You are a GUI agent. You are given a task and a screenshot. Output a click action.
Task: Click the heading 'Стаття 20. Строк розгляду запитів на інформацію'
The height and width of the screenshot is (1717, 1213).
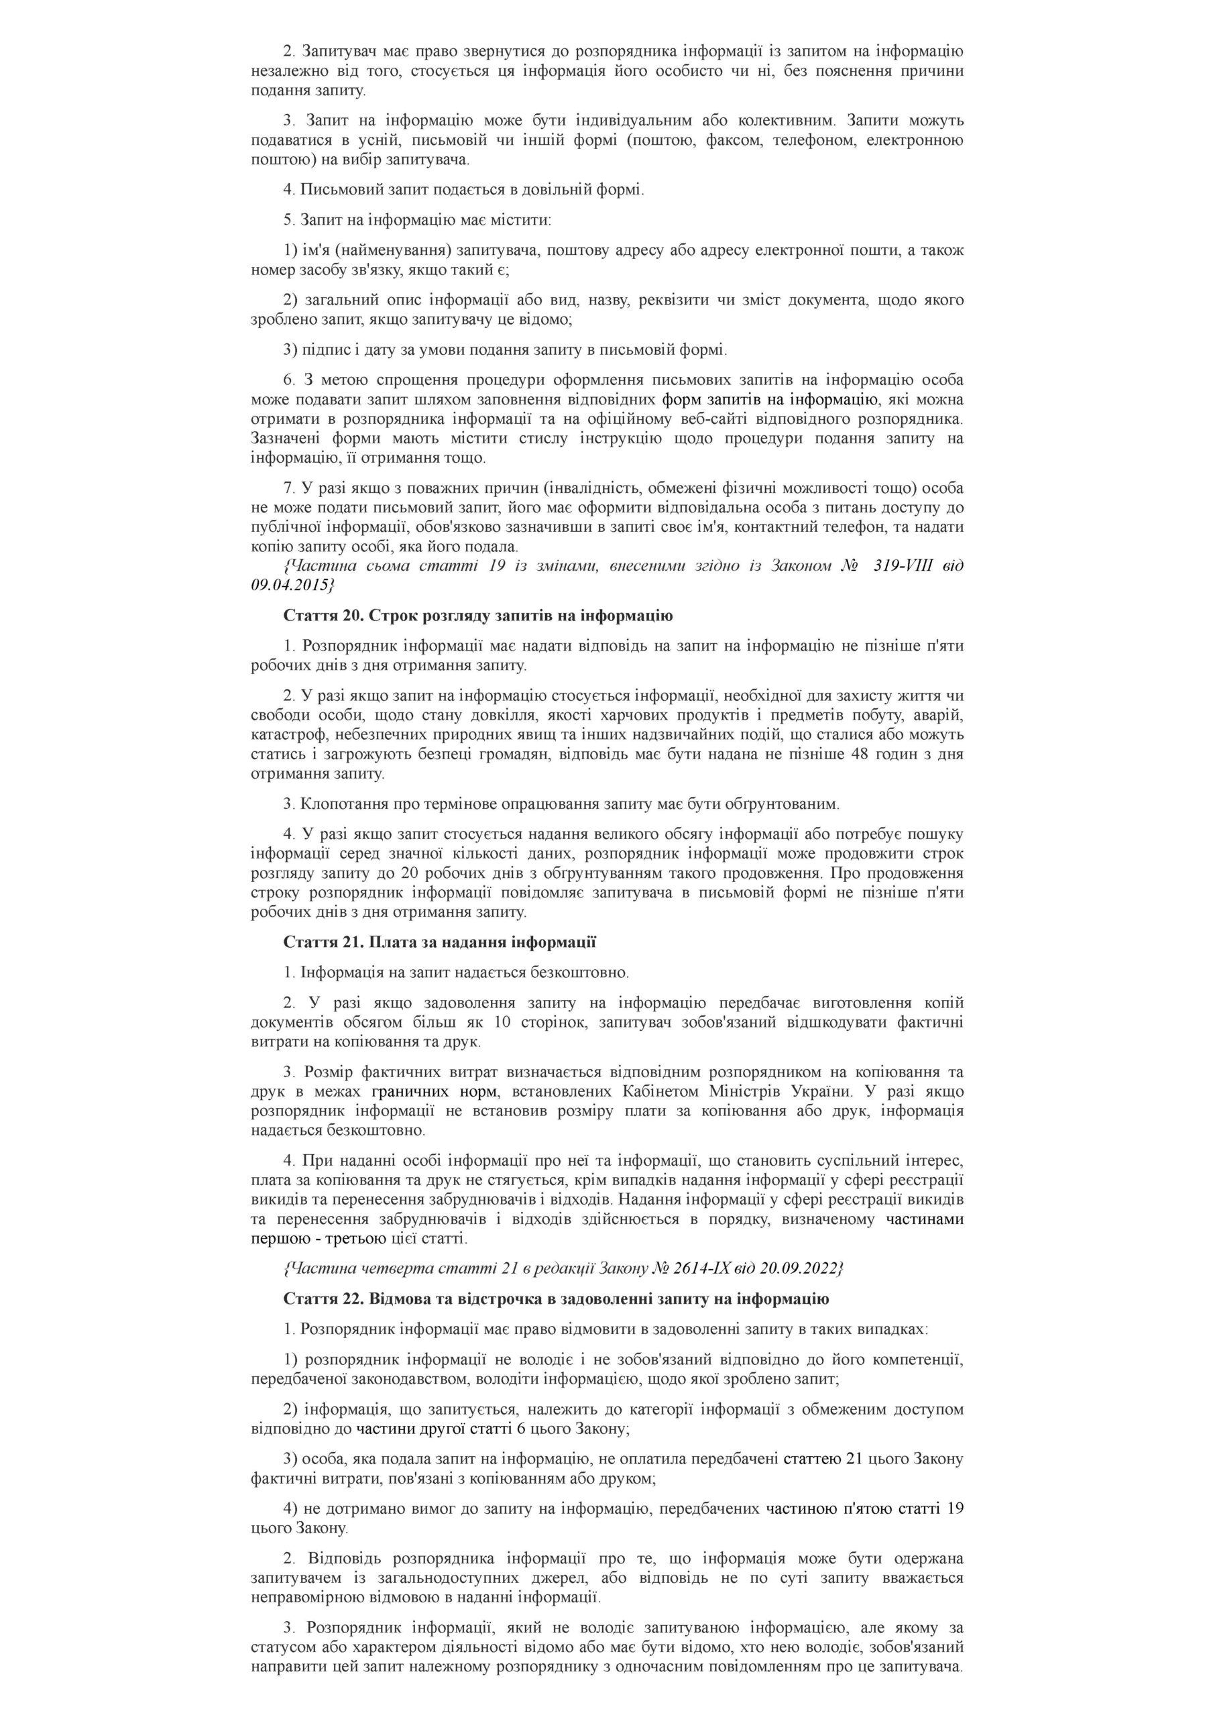click(x=478, y=616)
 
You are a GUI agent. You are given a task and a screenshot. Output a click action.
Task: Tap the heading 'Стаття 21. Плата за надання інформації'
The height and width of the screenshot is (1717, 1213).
click(x=439, y=942)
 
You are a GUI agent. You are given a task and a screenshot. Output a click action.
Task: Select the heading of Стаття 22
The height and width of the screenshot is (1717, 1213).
click(x=556, y=1299)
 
